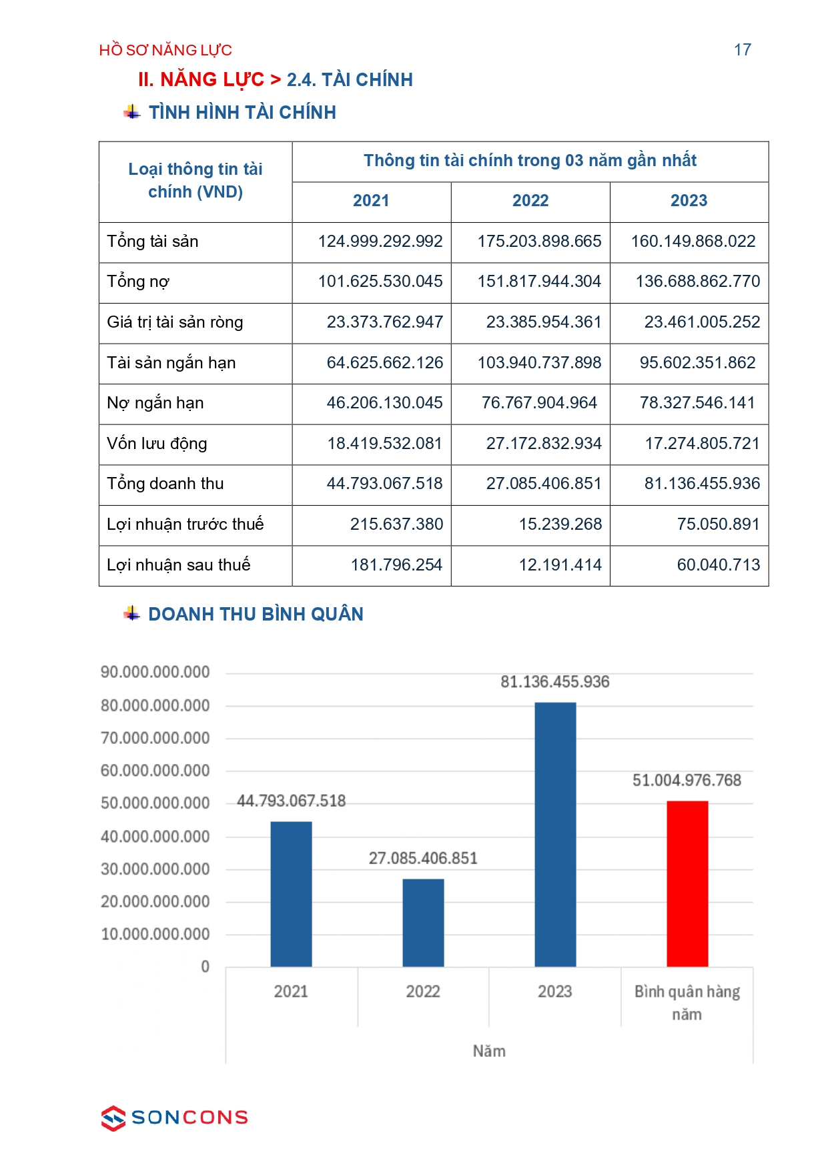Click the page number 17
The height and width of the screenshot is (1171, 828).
[742, 50]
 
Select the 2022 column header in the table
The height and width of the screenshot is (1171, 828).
[530, 201]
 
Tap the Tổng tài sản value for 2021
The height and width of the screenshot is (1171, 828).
[380, 242]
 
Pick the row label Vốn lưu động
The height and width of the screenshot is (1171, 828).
[157, 444]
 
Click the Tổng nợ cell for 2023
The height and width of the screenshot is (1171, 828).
[697, 282]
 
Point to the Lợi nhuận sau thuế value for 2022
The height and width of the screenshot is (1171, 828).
[560, 565]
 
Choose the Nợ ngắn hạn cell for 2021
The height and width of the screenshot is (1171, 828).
[384, 403]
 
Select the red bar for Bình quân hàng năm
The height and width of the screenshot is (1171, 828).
[687, 883]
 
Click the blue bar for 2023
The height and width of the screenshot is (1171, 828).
[555, 834]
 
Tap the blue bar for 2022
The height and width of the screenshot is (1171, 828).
[423, 922]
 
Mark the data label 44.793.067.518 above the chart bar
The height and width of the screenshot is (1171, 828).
[292, 801]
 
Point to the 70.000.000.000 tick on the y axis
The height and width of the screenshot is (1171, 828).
[155, 738]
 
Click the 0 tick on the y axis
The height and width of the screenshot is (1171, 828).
[205, 967]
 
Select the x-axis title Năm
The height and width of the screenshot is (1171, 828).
[489, 1051]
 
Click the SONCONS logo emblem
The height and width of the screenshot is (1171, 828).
[113, 1118]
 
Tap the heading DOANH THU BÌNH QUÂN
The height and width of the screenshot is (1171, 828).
[256, 614]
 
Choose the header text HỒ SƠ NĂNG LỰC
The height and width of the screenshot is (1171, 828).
[165, 50]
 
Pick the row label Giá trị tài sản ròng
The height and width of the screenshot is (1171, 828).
[175, 322]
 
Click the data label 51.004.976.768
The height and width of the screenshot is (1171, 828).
[687, 780]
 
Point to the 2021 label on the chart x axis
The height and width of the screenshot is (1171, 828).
[291, 992]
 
